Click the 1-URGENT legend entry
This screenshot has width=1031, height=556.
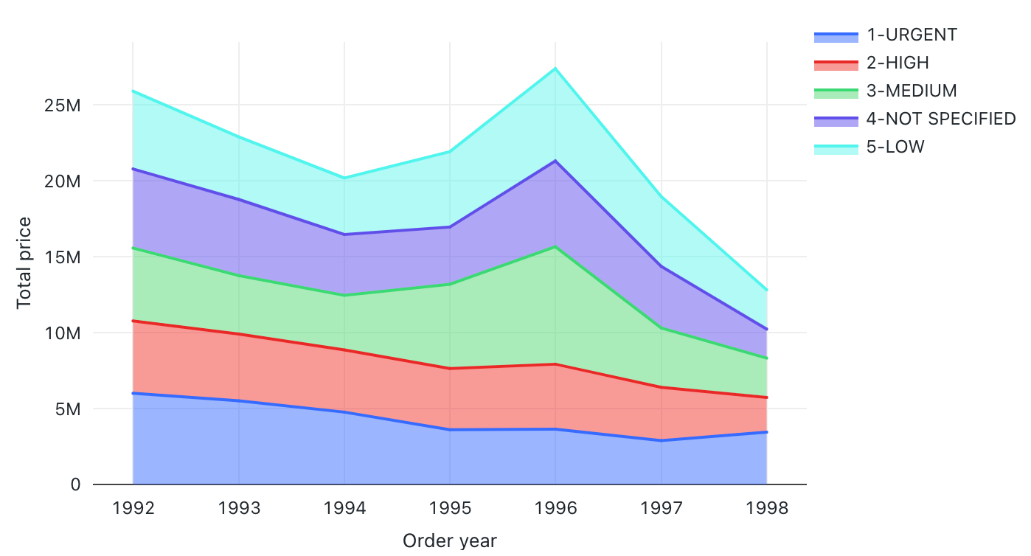point(912,35)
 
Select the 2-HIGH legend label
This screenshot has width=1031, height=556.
point(898,63)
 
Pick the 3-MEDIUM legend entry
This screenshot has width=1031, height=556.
point(912,91)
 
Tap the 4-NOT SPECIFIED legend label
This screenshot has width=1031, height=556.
point(941,119)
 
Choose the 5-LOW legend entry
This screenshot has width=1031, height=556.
point(895,147)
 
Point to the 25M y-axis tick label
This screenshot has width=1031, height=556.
point(63,105)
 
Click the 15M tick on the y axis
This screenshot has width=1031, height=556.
point(63,257)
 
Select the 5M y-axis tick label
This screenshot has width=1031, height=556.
point(66,409)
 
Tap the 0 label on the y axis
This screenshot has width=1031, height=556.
point(75,485)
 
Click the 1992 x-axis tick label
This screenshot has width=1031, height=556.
point(133,508)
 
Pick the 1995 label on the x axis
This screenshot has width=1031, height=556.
point(450,508)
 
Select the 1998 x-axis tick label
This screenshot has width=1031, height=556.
point(767,508)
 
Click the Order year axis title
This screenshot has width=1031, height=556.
point(450,541)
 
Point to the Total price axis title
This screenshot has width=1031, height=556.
point(24,263)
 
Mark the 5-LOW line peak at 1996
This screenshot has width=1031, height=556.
point(555,69)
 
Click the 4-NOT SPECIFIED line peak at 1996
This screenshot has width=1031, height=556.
point(555,161)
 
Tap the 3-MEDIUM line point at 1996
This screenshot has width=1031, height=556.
point(555,247)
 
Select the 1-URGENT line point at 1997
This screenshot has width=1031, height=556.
point(662,440)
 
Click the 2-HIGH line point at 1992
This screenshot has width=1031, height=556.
point(133,321)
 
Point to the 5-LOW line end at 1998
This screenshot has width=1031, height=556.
point(767,290)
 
